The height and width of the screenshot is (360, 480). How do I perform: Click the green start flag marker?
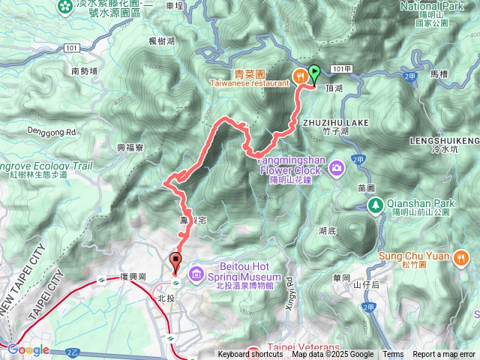click(x=315, y=73)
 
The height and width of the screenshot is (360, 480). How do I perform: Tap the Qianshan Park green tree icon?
click(x=374, y=204)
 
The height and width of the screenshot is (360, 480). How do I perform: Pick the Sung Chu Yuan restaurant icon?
click(x=460, y=257)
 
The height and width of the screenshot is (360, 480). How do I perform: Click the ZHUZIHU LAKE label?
click(x=335, y=121)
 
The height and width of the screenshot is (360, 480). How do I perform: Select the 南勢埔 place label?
click(x=85, y=71)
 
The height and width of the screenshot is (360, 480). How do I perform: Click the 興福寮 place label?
click(x=130, y=148)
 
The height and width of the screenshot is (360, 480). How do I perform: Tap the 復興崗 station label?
click(x=133, y=277)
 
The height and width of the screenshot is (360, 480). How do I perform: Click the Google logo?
click(x=28, y=349)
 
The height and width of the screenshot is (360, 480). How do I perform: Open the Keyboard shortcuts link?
click(x=250, y=355)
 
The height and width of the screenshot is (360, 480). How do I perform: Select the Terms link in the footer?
click(x=393, y=355)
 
